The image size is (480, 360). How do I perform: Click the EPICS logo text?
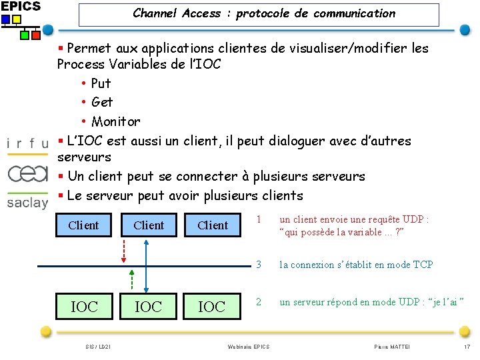point(20,6)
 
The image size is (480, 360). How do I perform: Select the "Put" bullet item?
point(101,83)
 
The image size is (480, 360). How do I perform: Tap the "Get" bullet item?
point(102,102)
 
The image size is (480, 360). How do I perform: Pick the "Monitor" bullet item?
point(115,121)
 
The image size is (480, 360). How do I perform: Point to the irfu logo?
point(27,143)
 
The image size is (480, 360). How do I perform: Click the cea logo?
point(27,173)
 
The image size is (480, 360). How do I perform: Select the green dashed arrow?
point(132,280)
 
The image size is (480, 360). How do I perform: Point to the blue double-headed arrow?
point(146,265)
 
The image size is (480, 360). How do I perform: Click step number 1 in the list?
point(259,219)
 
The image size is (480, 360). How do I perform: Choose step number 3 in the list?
point(259,265)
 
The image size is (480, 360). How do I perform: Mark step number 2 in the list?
point(259,302)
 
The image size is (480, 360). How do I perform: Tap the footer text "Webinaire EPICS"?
point(248,347)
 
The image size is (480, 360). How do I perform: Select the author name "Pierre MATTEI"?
point(393,347)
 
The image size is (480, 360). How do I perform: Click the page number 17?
point(466,347)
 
